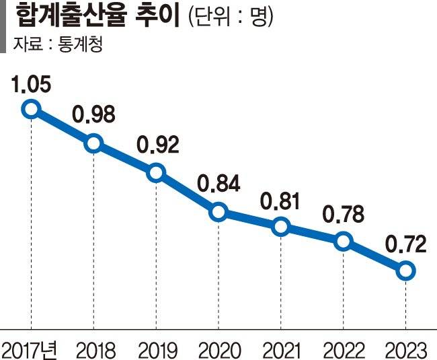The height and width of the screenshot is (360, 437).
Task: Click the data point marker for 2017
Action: click(x=31, y=109)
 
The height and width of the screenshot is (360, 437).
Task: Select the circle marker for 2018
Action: click(x=93, y=143)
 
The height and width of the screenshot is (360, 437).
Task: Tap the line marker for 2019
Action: click(x=156, y=172)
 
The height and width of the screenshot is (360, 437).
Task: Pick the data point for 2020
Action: click(x=218, y=212)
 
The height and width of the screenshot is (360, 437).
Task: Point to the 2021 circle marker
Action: click(x=281, y=227)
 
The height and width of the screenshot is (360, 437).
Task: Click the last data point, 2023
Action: click(x=405, y=271)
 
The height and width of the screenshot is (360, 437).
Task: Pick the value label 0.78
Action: click(x=343, y=215)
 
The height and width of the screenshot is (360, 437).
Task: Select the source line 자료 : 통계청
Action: click(x=61, y=46)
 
